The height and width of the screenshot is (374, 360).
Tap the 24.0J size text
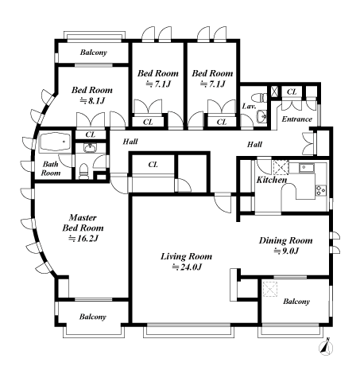click(186, 267)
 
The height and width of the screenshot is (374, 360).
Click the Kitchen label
click(271, 180)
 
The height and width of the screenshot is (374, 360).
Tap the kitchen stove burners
click(320, 189)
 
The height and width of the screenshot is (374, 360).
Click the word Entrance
click(297, 120)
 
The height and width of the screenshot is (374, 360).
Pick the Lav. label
click(247, 106)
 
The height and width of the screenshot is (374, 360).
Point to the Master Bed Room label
click(83, 222)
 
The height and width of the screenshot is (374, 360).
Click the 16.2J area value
click(83, 238)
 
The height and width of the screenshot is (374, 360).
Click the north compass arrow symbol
click(330, 347)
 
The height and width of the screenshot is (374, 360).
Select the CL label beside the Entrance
click(292, 92)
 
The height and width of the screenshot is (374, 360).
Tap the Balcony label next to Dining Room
click(296, 302)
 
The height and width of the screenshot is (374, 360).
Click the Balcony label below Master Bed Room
click(92, 317)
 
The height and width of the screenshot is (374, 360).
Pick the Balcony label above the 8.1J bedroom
click(93, 53)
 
